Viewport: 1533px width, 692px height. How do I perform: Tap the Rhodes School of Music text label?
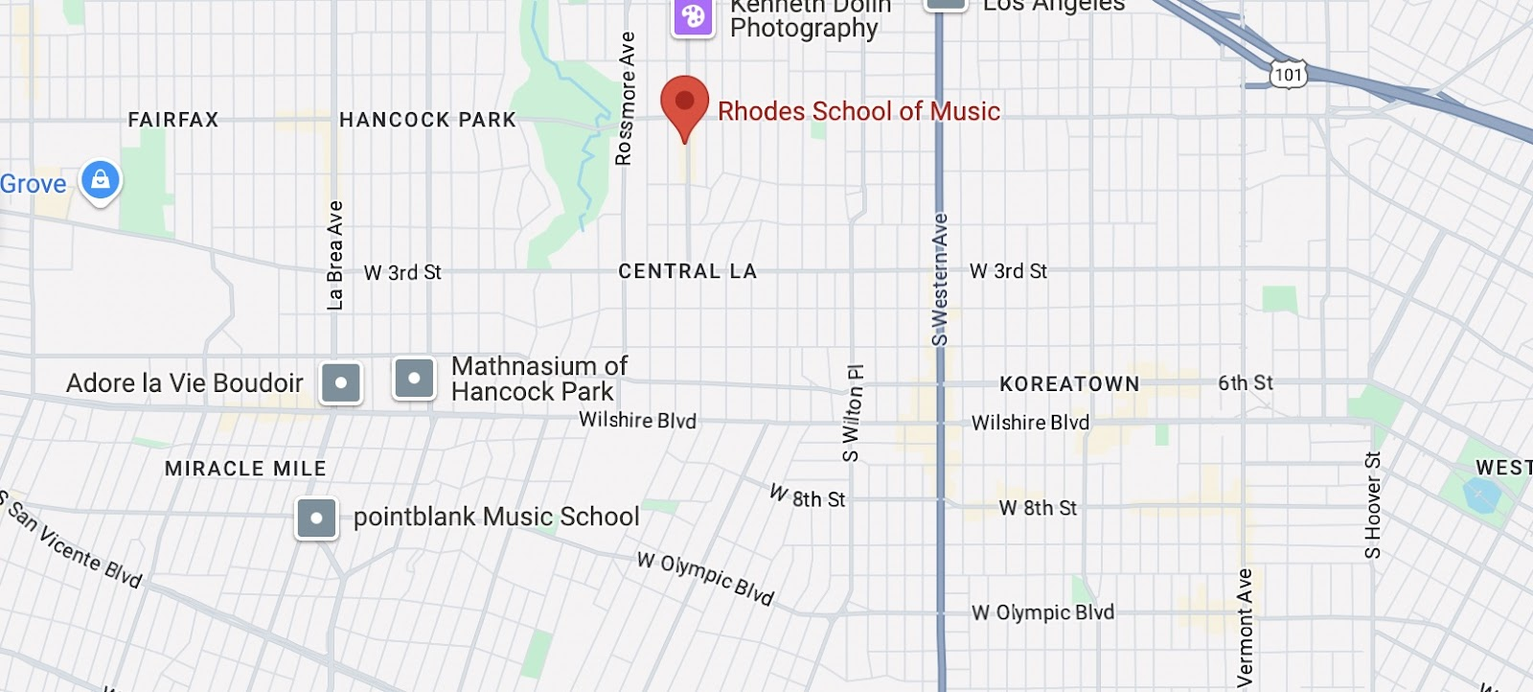[x=858, y=111]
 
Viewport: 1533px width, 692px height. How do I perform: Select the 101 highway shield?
[x=1288, y=74]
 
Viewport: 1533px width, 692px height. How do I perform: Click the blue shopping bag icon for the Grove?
[x=101, y=180]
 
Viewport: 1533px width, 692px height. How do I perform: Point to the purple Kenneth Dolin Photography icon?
[x=693, y=16]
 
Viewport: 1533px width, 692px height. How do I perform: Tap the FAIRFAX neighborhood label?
[x=173, y=120]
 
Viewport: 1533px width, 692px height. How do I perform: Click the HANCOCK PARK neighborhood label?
[x=427, y=120]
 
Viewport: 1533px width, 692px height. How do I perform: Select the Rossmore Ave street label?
[x=625, y=99]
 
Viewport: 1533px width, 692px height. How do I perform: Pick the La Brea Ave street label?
[x=334, y=255]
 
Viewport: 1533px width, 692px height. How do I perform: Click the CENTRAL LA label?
[x=688, y=271]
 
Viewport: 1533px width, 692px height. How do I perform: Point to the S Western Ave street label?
[x=939, y=279]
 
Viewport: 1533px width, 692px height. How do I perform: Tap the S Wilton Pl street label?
[x=853, y=413]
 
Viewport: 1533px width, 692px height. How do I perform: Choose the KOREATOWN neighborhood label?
[x=1069, y=384]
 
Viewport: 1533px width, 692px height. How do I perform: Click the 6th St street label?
[x=1245, y=382]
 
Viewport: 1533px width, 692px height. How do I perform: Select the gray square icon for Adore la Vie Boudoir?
[x=341, y=383]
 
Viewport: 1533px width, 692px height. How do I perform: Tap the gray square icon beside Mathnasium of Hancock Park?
[x=414, y=379]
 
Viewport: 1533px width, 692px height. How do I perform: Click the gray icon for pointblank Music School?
[x=316, y=519]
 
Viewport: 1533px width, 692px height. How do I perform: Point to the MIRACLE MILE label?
[x=245, y=469]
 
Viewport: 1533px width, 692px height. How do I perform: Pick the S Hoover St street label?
[x=1373, y=505]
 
